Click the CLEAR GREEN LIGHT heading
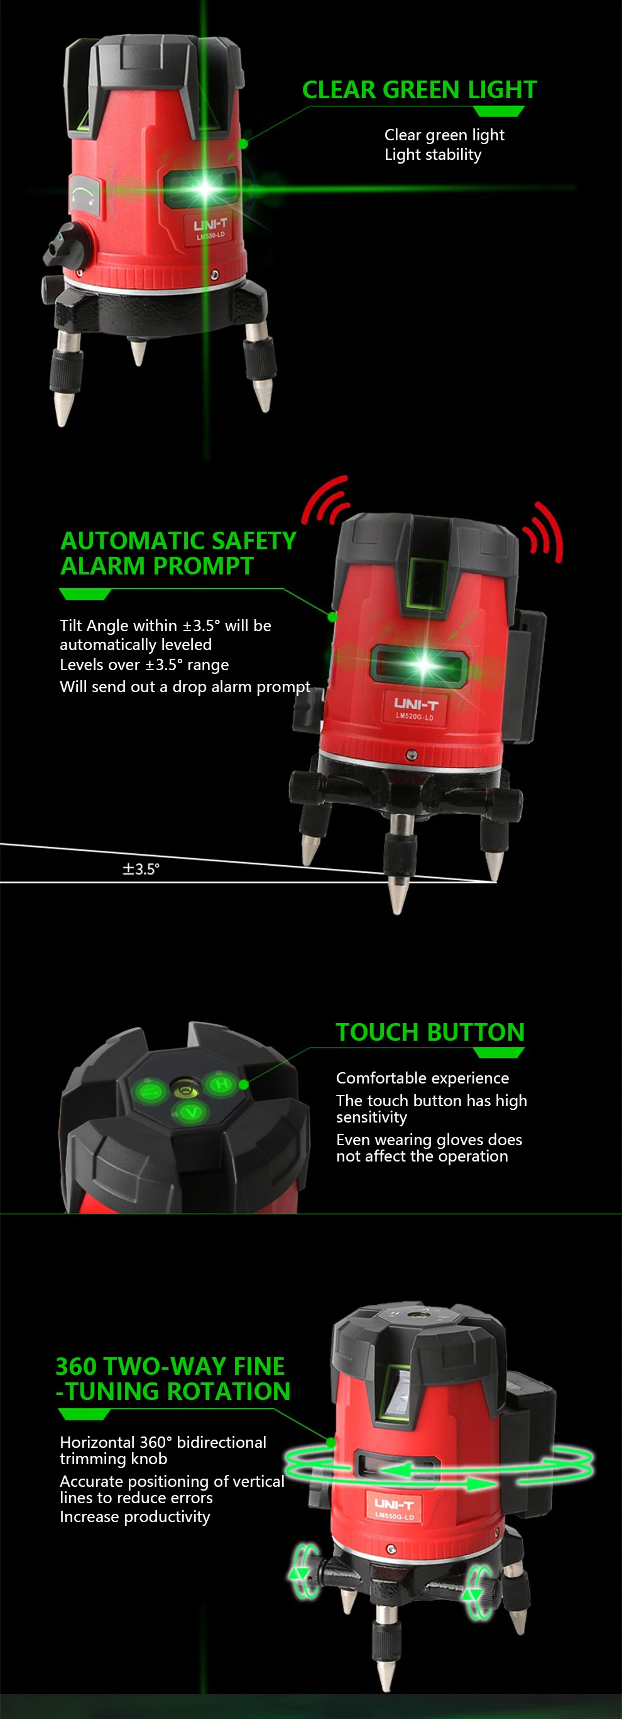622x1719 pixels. click(419, 89)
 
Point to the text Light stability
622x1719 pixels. click(433, 155)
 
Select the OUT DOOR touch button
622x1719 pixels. click(150, 1092)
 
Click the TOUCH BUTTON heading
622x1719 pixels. click(430, 1032)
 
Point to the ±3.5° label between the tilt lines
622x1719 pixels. click(141, 869)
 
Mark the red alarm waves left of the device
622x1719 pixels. click(325, 500)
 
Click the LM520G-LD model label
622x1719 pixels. click(414, 717)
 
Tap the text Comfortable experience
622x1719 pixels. click(423, 1078)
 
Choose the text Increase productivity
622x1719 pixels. click(134, 1517)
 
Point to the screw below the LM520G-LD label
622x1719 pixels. click(412, 754)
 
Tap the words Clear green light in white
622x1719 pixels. click(445, 135)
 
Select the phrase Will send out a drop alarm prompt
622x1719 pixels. click(185, 686)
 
